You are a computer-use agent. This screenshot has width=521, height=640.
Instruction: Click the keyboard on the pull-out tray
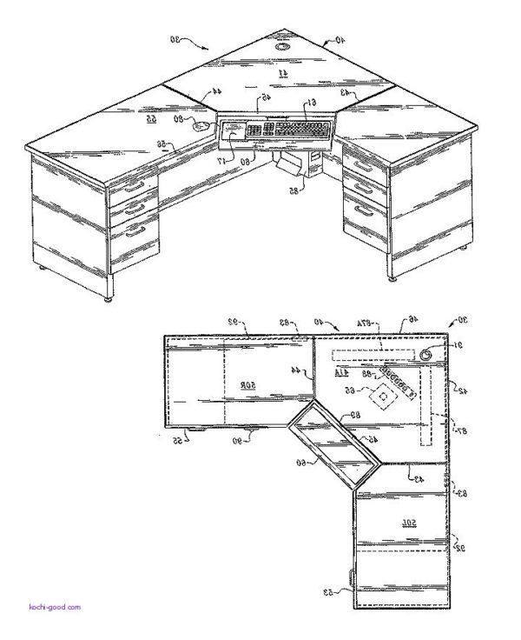[x=287, y=130]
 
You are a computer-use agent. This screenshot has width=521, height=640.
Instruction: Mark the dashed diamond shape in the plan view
[x=380, y=397]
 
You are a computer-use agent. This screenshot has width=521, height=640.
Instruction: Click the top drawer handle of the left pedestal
[x=135, y=185]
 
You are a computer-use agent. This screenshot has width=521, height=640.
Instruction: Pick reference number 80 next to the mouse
[x=179, y=119]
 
